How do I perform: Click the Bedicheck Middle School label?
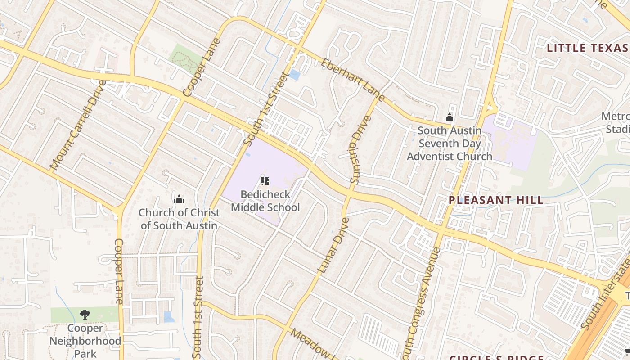265,201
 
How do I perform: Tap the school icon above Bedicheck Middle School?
265,181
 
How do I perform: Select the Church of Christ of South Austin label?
179,219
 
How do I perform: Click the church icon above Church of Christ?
179,199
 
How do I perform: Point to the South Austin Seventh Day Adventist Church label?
450,144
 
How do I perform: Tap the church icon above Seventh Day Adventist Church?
449,118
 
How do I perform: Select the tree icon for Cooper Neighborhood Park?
85,314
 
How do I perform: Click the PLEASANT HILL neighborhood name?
496,200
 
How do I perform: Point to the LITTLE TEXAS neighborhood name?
587,48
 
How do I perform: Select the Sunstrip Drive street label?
360,150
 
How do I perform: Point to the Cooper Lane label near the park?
119,271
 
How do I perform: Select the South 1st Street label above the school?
265,108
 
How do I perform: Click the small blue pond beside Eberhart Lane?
294,75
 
